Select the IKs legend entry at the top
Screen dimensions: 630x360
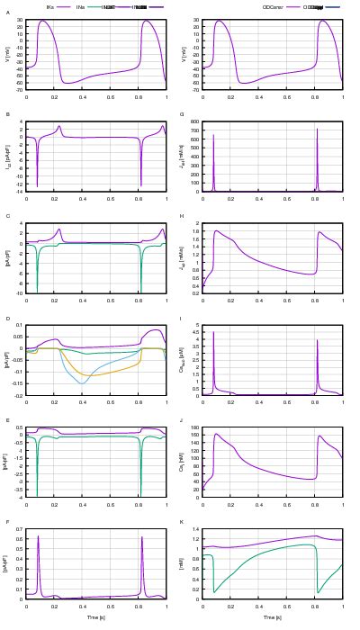[49, 6]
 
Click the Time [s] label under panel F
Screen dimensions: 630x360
[96, 617]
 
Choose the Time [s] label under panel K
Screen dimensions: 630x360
[273, 617]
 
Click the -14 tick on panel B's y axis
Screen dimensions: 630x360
[18, 191]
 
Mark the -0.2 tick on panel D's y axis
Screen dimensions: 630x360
[17, 395]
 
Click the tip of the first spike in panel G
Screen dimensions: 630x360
[214, 135]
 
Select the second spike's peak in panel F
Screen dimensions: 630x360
[142, 537]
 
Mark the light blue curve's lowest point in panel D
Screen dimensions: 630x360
[82, 384]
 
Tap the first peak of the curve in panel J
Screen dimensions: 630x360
[216, 434]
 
